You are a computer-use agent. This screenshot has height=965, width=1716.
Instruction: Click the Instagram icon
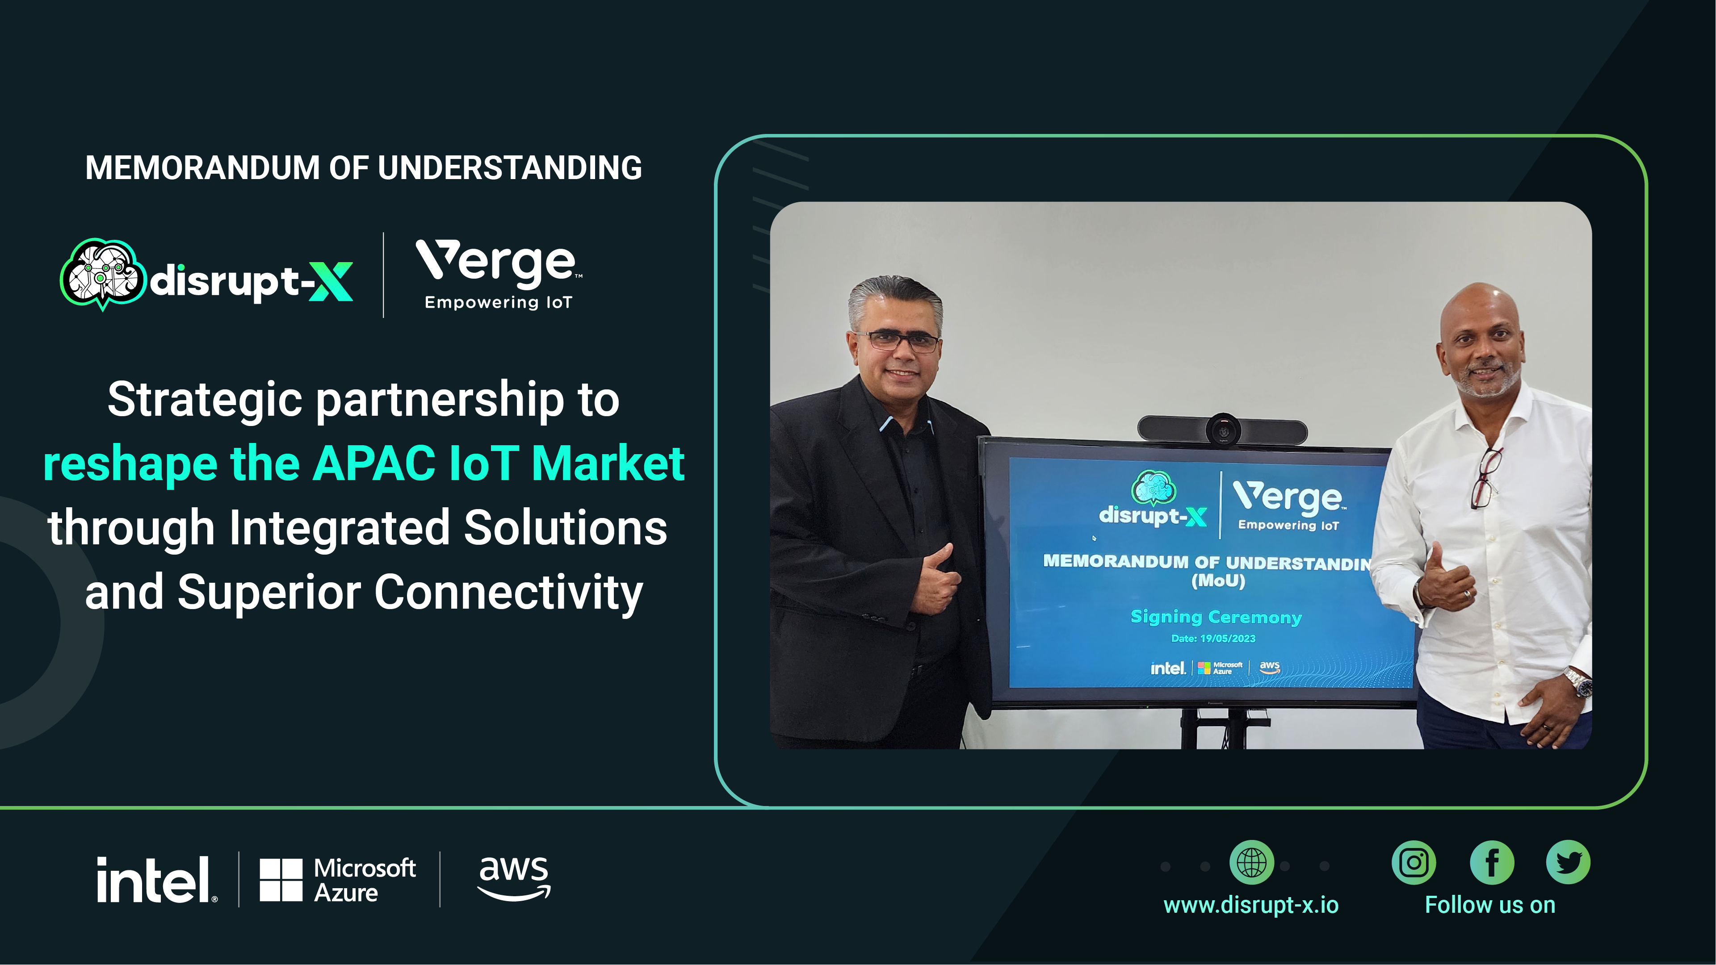(1414, 862)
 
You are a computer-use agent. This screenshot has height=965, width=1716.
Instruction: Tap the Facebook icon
(1492, 862)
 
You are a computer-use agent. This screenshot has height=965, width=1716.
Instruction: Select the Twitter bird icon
(1568, 862)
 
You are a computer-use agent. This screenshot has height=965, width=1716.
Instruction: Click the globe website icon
(1252, 862)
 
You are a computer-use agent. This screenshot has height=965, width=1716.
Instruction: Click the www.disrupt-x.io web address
(1251, 905)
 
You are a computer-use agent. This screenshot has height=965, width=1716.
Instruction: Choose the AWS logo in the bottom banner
(514, 878)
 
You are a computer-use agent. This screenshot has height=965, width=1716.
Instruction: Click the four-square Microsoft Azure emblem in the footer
(281, 880)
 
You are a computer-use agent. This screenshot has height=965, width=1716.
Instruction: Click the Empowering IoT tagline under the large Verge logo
(498, 302)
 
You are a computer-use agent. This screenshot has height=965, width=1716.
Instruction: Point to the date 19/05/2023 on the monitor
(1228, 638)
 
